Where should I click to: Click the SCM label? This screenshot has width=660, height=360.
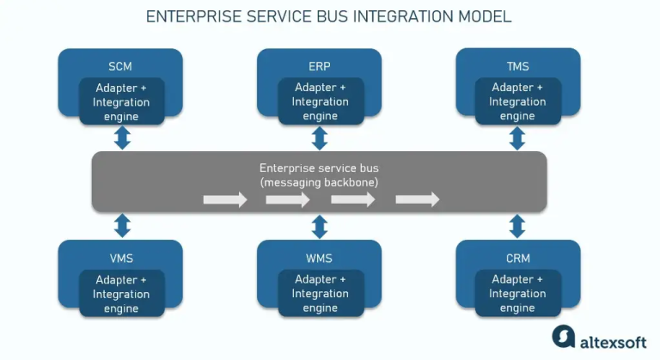121,65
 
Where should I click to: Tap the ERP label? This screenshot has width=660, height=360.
320,65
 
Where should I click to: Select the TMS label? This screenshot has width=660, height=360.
517,65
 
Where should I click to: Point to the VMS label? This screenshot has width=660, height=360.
121,258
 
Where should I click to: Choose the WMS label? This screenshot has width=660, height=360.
320,258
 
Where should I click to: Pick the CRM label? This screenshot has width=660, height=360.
517,258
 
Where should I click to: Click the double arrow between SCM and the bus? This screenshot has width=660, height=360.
122,137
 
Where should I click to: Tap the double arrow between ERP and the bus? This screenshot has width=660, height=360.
320,137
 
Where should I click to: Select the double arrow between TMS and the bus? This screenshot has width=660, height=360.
517,137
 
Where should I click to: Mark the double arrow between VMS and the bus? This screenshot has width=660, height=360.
122,226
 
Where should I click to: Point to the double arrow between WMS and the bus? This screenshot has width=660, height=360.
320,226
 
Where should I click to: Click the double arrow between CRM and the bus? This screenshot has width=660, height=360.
517,226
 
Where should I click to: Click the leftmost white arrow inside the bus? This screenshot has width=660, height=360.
224,200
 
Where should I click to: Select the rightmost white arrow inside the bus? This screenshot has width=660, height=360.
418,200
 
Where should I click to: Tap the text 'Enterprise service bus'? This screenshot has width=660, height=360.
319,168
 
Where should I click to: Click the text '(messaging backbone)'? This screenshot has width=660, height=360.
319,182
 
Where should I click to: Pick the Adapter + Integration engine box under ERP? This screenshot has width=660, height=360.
320,102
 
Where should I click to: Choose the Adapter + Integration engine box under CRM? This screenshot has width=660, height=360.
517,294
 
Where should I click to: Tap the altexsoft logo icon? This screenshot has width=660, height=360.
563,337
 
